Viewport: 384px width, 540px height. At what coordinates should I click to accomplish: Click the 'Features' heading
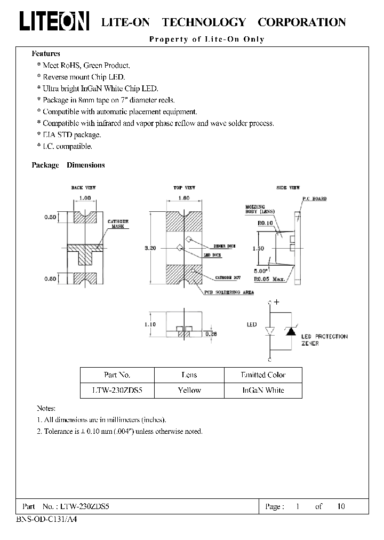[x=46, y=53]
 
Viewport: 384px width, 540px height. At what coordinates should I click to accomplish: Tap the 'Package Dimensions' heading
[x=68, y=165]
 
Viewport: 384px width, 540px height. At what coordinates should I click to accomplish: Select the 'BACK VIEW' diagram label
[x=83, y=188]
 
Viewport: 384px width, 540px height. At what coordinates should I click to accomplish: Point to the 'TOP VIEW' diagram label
[x=184, y=188]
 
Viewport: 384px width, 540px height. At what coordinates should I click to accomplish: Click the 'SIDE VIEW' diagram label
[x=288, y=188]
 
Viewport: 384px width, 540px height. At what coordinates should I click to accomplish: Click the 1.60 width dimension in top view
[x=183, y=197]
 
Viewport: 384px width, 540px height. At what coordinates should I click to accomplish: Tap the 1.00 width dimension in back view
[x=84, y=197]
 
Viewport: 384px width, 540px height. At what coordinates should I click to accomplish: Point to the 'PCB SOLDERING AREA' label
[x=228, y=293]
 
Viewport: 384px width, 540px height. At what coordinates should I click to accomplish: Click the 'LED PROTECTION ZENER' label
[x=324, y=340]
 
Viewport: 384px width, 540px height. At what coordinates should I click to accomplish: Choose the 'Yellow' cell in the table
[x=189, y=390]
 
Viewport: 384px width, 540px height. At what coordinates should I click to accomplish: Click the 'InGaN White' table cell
[x=263, y=390]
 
